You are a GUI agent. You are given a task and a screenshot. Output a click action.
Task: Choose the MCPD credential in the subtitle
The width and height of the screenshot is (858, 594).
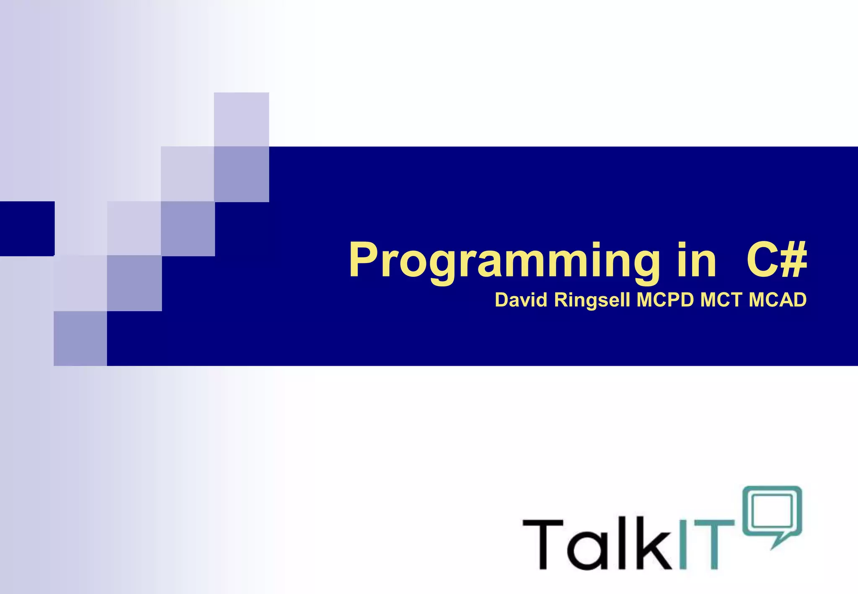(x=665, y=300)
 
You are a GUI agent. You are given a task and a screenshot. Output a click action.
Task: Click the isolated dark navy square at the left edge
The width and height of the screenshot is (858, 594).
(x=27, y=228)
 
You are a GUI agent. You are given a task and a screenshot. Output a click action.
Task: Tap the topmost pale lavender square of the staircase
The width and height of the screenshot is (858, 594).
(x=241, y=119)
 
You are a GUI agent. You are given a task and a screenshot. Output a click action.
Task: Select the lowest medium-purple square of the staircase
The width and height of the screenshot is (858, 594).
(x=80, y=338)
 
